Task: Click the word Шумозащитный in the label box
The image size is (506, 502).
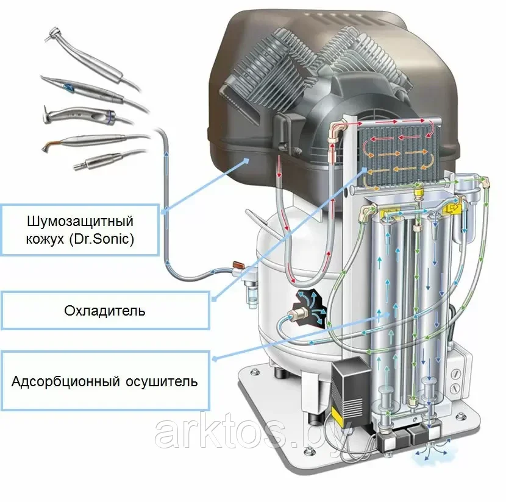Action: (80, 222)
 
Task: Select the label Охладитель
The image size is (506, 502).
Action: (105, 311)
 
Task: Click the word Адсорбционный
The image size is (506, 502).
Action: (66, 381)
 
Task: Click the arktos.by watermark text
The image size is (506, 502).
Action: (252, 432)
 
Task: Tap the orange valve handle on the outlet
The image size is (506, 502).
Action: (238, 264)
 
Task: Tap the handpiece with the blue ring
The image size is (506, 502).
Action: (87, 115)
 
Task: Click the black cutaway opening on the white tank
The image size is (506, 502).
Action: (309, 306)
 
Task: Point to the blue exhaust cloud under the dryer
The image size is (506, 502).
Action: (432, 452)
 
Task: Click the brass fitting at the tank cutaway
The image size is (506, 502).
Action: (299, 313)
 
